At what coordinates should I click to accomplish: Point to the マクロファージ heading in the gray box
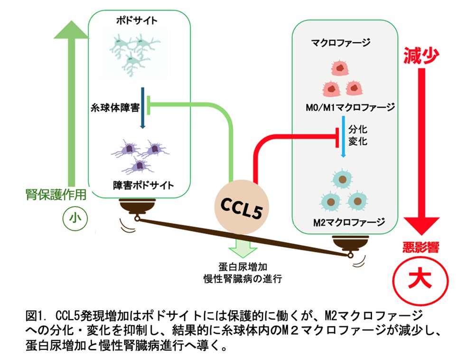(x=340, y=43)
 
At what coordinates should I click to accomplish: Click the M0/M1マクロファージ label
(x=350, y=108)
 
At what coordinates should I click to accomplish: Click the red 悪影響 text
(x=420, y=247)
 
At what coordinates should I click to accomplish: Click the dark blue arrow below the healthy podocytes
(x=142, y=107)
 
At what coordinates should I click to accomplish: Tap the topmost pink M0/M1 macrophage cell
(x=340, y=70)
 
